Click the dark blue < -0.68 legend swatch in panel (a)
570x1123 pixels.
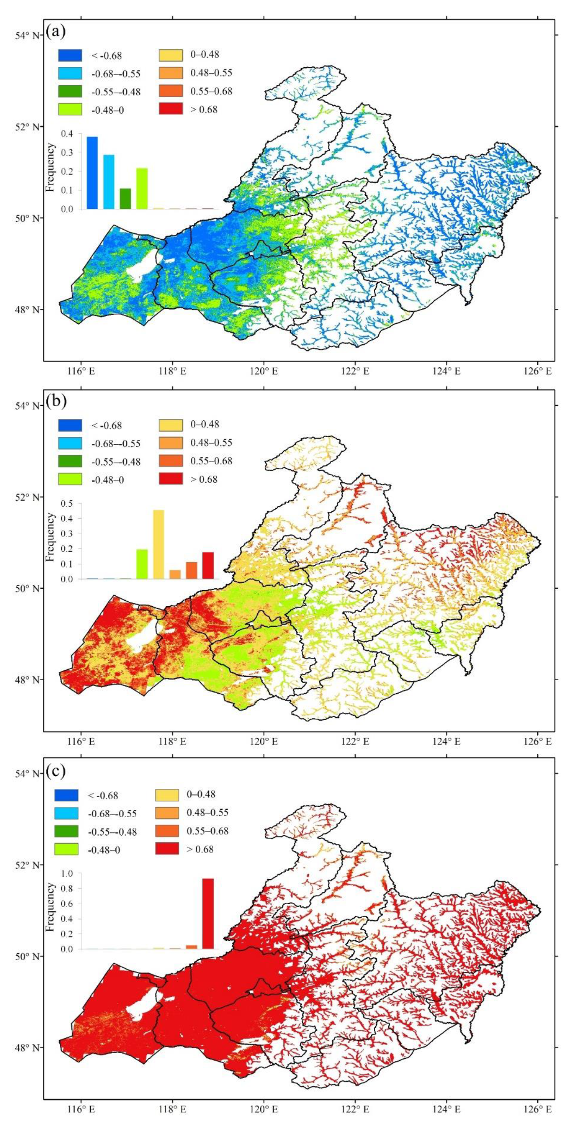[x=69, y=55]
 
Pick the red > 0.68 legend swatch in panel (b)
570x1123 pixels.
[x=170, y=480]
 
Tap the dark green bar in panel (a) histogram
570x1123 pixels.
[x=125, y=199]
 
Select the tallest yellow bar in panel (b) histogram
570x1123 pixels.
[x=159, y=544]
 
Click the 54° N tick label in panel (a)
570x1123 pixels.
[x=28, y=35]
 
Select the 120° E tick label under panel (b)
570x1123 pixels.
[x=263, y=741]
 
